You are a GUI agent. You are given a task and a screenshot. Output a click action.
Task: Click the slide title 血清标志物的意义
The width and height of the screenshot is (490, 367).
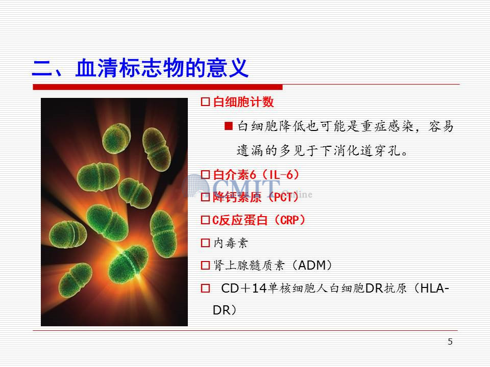click(162, 68)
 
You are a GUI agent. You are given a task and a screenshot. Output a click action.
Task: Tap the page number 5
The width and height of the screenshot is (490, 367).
click(450, 342)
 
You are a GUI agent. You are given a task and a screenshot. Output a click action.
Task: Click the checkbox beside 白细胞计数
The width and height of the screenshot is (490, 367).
click(205, 102)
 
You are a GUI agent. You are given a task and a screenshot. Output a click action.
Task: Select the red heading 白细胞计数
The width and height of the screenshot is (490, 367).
click(243, 102)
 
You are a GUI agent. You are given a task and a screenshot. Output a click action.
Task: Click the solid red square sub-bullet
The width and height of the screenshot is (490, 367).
click(229, 126)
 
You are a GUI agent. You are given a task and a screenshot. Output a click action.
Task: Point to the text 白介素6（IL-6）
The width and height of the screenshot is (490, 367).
click(256, 174)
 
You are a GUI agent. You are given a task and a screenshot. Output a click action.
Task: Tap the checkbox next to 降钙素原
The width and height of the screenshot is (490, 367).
click(205, 197)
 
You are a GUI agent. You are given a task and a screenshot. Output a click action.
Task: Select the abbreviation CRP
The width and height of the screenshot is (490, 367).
click(290, 220)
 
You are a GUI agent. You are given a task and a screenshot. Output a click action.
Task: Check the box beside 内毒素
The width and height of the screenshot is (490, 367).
click(205, 243)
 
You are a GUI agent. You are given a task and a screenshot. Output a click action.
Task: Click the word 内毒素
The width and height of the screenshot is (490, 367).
click(231, 243)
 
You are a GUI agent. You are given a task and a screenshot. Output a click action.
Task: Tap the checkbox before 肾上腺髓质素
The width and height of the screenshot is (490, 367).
click(205, 266)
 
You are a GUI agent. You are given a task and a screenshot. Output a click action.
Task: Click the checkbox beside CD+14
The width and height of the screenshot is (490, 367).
click(205, 289)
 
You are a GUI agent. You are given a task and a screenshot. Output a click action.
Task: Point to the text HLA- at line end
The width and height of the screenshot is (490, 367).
click(434, 289)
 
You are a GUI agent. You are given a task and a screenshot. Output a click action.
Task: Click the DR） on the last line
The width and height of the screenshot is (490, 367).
click(225, 310)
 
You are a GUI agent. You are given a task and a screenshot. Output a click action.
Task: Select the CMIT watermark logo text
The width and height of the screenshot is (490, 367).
click(247, 187)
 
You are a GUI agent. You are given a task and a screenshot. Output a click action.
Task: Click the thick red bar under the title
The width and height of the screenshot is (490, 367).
click(158, 87)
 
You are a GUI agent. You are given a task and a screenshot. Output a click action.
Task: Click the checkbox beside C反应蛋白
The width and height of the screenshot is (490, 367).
click(205, 220)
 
